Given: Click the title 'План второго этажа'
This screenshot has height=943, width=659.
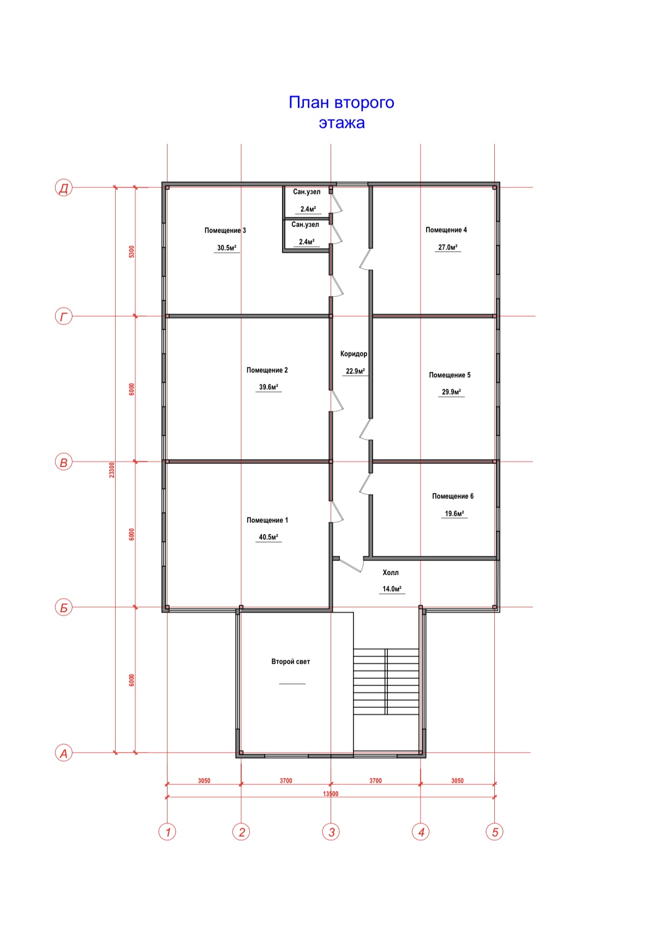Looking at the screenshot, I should click(x=342, y=112).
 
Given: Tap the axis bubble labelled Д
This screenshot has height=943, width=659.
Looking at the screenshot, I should click(x=64, y=188).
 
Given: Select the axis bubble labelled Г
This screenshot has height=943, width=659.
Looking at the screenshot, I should click(x=64, y=317).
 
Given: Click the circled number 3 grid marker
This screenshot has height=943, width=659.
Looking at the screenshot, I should click(x=331, y=832).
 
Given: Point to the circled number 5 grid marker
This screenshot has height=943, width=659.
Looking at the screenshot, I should click(x=495, y=832).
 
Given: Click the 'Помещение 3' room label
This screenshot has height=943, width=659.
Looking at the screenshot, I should click(x=225, y=230).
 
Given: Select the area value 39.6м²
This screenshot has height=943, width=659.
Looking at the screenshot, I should click(x=268, y=387).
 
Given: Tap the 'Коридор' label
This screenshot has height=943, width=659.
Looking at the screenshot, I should click(x=354, y=354).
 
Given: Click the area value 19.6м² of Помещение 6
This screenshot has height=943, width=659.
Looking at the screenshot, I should click(x=454, y=514).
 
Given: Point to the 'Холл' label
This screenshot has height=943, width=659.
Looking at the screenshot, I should click(x=391, y=572).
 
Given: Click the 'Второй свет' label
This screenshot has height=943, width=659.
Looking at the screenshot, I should click(x=290, y=661).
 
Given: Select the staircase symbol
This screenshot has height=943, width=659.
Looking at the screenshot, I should click(x=386, y=682).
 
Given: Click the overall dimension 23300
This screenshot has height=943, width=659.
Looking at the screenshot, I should click(x=112, y=470).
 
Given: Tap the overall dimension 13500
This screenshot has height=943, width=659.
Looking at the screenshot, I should click(x=331, y=794).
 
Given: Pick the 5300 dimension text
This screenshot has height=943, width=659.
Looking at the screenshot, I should click(x=131, y=252).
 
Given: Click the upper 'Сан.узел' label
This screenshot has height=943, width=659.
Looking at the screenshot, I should click(x=307, y=192).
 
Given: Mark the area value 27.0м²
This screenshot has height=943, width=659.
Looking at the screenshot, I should click(x=448, y=247).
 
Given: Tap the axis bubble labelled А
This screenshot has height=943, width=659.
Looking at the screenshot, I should click(x=64, y=754).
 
